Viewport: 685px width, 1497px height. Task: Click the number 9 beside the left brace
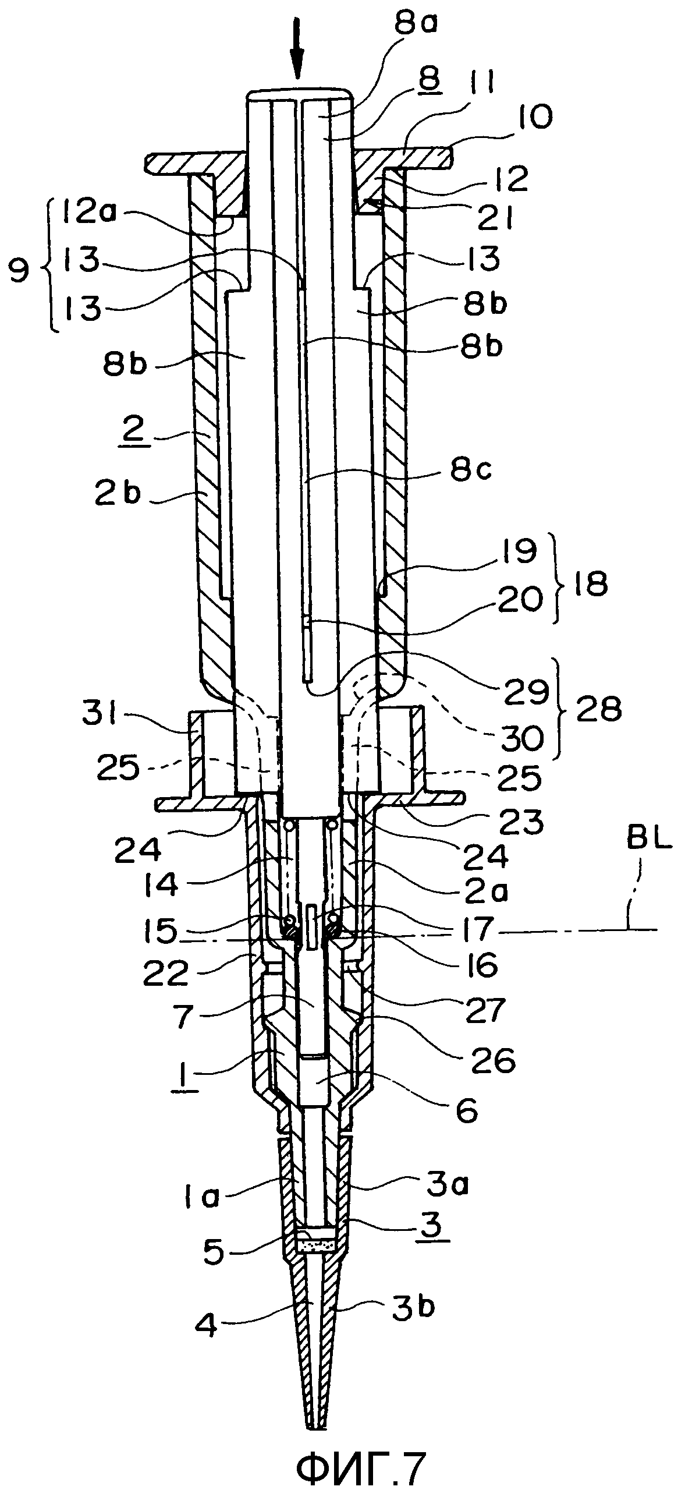coord(19,272)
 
